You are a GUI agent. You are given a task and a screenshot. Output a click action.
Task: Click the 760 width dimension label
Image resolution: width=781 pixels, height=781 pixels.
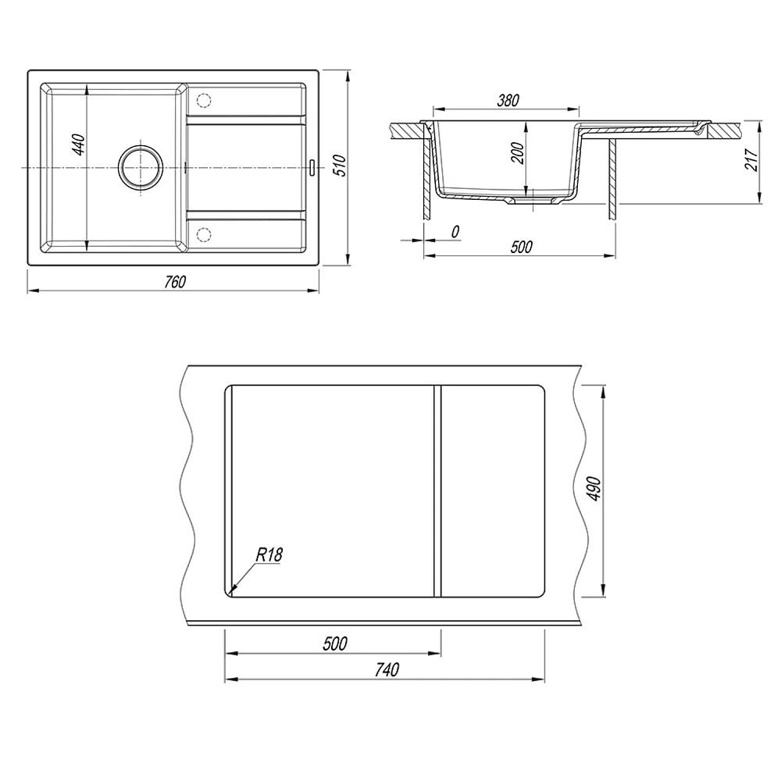coord(175,281)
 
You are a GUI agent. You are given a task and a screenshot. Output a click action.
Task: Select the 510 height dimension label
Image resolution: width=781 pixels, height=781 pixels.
coord(339,166)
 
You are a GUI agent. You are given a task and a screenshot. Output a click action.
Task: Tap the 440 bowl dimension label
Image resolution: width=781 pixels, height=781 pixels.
coord(79,144)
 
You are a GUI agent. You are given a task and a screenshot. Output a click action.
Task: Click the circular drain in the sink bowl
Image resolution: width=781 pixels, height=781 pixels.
coord(141,167)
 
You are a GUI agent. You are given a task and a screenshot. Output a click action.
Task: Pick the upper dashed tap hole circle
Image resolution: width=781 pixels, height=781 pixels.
coord(204,100)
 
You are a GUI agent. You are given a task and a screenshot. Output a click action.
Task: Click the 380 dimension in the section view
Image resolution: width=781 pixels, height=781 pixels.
coord(508,100)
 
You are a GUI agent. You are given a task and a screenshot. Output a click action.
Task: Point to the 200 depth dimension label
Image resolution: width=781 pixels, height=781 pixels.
coord(518,153)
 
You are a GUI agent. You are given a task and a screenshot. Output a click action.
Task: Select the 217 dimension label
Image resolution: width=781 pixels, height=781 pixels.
coord(751,159)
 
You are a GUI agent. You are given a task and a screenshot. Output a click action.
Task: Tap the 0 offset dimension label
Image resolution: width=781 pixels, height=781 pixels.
coord(455,232)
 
